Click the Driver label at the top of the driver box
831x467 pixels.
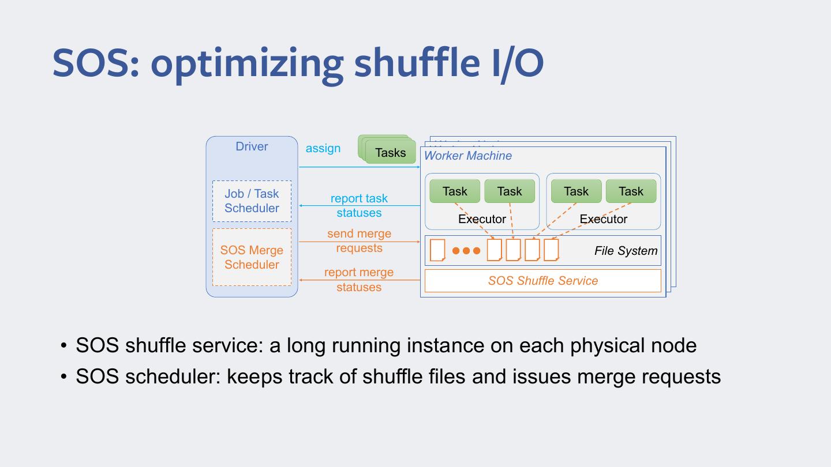pos(252,146)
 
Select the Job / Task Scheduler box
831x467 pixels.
pos(252,201)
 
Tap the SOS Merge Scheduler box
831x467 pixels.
pos(252,257)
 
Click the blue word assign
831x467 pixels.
pos(323,148)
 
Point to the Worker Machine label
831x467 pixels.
pos(467,156)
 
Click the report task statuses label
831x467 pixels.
pos(359,205)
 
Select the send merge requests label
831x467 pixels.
pos(359,241)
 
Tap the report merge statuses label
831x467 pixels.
pos(359,280)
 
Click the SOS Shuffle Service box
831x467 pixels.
pos(542,281)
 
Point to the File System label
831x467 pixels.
pos(626,251)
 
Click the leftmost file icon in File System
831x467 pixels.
pos(437,250)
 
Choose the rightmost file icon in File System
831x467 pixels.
pos(551,250)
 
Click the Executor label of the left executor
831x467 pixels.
pos(482,219)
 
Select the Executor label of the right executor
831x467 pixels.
pos(603,219)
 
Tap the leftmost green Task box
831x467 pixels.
pos(455,191)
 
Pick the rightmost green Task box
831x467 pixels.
pos(631,191)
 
